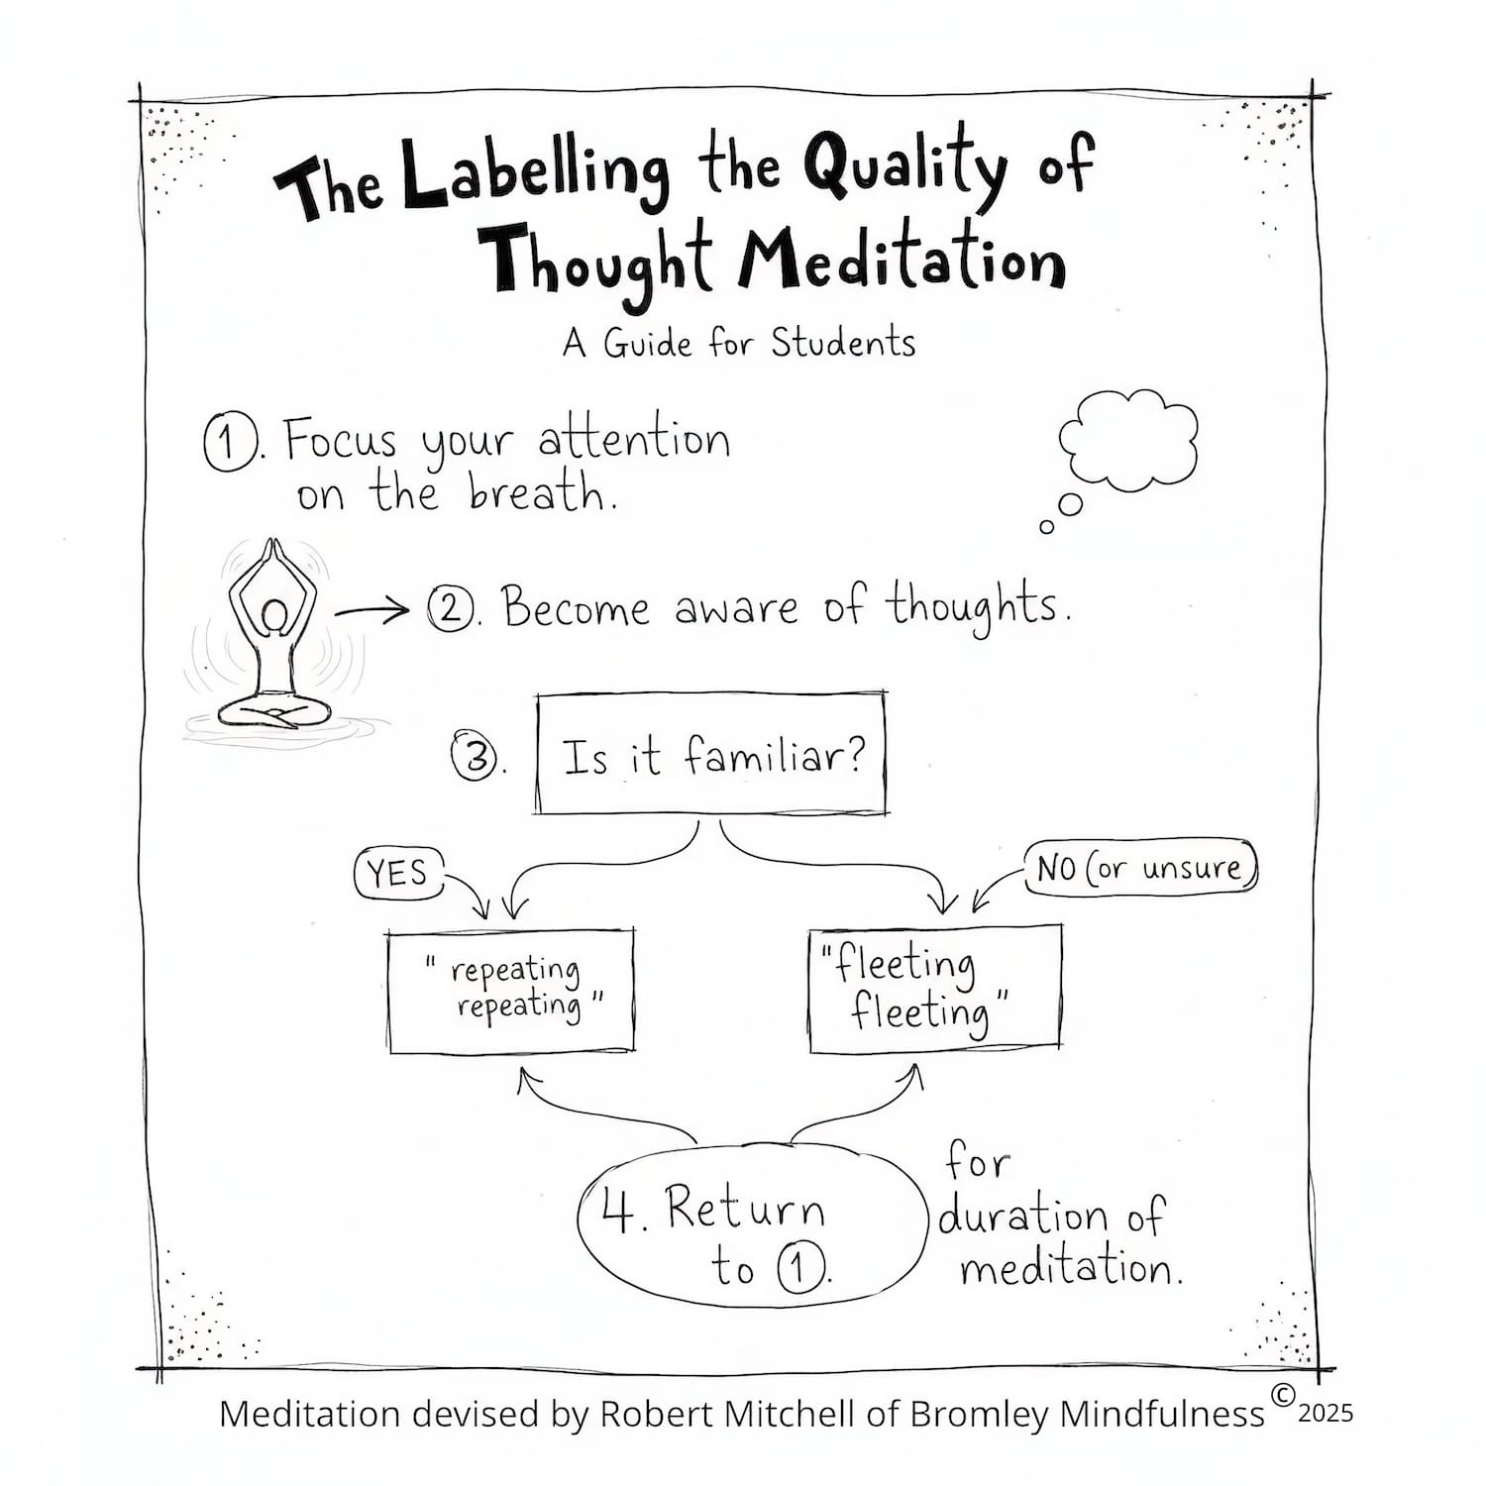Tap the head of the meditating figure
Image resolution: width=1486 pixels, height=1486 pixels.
(x=274, y=617)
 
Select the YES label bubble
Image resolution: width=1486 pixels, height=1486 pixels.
(x=398, y=874)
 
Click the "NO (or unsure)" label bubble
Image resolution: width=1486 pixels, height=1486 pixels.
(x=1139, y=868)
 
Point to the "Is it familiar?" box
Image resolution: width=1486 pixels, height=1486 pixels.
(x=710, y=756)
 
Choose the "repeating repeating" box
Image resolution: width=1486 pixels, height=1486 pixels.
(x=511, y=991)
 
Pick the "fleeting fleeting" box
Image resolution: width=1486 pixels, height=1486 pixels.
(x=934, y=989)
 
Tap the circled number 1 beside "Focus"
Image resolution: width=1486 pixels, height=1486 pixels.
(x=229, y=442)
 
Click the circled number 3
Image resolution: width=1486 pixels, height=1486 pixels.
(x=476, y=758)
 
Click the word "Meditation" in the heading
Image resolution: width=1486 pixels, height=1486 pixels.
(x=901, y=260)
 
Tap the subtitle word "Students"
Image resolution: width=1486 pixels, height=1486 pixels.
(x=843, y=344)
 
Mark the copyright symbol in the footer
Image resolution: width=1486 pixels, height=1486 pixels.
(x=1282, y=1395)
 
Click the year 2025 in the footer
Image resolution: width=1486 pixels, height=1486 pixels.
(x=1325, y=1414)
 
